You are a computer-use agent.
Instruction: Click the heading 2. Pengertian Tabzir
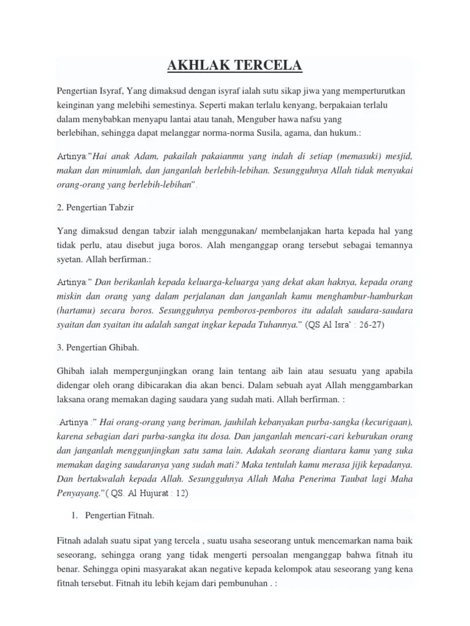pos(95,207)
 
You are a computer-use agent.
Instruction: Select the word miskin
pos(69,298)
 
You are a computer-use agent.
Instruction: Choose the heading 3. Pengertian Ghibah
pos(98,347)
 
